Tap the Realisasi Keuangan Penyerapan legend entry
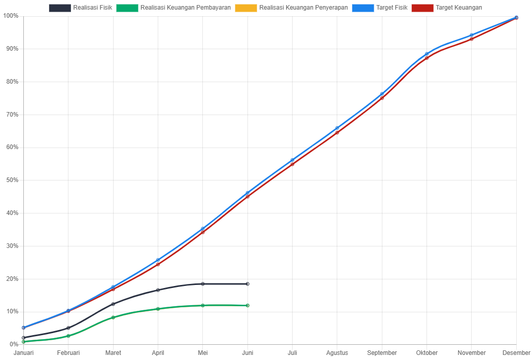click(292, 8)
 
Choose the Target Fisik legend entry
click(380, 8)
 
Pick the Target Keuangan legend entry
click(447, 8)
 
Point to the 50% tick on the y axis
click(11, 180)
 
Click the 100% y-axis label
click(11, 16)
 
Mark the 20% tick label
click(11, 279)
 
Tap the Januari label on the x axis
click(23, 353)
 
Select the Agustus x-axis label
click(337, 353)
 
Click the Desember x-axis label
click(516, 353)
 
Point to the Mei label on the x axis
click(203, 353)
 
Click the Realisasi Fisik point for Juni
click(247, 284)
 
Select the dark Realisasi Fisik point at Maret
click(113, 304)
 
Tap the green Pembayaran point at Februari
click(68, 336)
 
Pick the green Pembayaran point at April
click(158, 309)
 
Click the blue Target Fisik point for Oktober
click(427, 54)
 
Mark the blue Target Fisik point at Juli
click(292, 160)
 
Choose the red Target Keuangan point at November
click(471, 39)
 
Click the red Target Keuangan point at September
click(382, 98)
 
